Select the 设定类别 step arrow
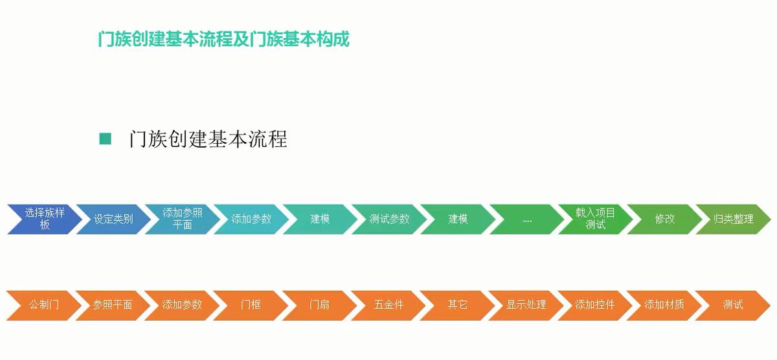coord(113,219)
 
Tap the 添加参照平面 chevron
coord(182,219)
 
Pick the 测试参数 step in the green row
coord(389,219)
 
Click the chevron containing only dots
coord(527,219)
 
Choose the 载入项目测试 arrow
coord(596,219)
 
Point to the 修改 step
coord(664,219)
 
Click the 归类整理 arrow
coord(733,219)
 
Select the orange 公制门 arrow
coord(44,305)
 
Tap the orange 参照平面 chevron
coord(113,305)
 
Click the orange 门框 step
coord(251,305)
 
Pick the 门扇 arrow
coord(319,305)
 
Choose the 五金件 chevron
coord(388,305)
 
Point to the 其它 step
coord(457,305)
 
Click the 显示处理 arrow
coord(526,305)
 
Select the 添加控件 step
coord(595,305)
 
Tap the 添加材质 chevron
coord(664,305)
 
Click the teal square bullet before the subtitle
coord(105,139)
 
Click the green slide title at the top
coord(224,39)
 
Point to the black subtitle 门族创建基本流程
coord(208,139)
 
